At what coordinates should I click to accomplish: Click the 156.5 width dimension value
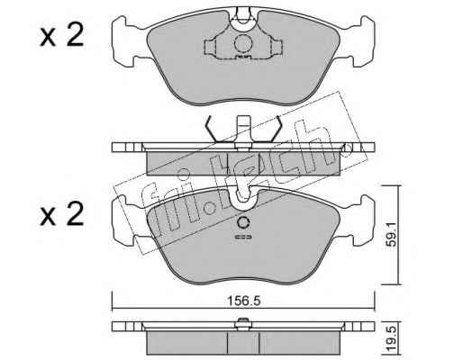[243, 301]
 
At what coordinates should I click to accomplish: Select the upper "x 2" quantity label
[62, 36]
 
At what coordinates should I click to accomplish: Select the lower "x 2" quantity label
[62, 213]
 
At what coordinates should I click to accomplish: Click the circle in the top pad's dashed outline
[243, 44]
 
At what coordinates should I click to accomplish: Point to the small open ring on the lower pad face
[243, 223]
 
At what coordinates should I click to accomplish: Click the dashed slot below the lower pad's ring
[243, 237]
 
